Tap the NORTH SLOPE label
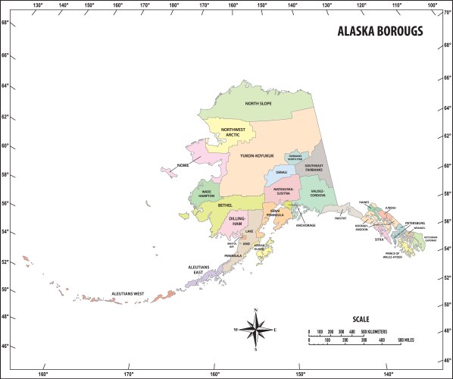tap(258, 104)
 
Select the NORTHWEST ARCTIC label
tap(233, 132)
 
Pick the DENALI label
tap(281, 173)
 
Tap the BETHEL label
tap(224, 205)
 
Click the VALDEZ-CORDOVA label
tap(317, 193)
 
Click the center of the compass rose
tap(255, 330)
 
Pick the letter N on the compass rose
tap(255, 311)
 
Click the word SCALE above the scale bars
tap(362, 319)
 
